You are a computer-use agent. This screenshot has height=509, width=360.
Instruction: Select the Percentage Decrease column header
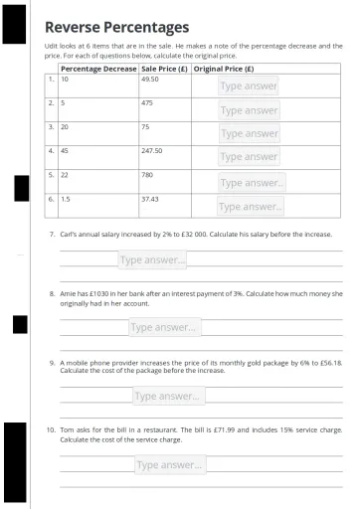tap(98, 69)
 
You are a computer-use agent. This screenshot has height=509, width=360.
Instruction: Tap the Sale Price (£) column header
tap(164, 69)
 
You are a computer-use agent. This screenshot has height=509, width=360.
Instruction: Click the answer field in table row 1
tap(249, 86)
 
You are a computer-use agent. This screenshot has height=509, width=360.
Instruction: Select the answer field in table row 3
tap(249, 133)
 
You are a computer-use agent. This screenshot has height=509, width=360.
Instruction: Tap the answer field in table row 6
tap(251, 207)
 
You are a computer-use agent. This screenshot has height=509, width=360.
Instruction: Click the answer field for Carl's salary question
tap(152, 260)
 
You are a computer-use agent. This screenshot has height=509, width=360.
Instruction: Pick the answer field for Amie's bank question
tap(164, 327)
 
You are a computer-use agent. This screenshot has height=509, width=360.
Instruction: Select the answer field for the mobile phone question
tap(169, 396)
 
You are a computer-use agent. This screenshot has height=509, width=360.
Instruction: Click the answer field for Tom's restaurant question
tap(170, 464)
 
